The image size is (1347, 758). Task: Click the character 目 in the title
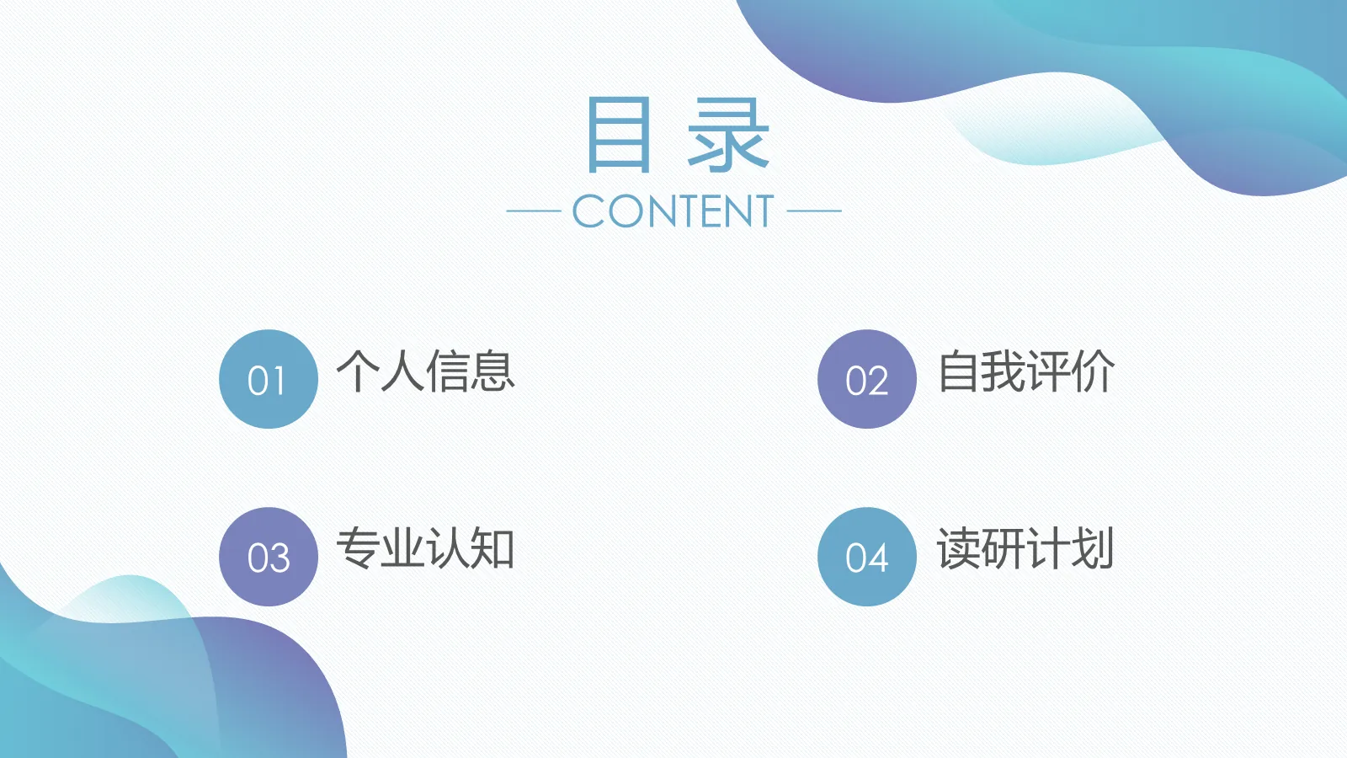pos(619,135)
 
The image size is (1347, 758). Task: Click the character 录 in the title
pos(728,135)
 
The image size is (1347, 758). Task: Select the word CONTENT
pos(673,211)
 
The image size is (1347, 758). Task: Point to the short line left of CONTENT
pos(534,211)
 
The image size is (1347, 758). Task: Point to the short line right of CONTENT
pos(814,211)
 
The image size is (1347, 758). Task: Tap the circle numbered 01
pos(269,379)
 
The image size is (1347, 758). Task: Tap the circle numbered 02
pos(866,379)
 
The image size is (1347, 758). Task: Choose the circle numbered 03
pos(269,557)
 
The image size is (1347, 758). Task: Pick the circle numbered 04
pos(866,557)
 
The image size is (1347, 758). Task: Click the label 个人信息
pos(425,371)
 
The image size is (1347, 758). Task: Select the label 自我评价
pos(1026,371)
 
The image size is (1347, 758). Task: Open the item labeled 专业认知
pos(425,549)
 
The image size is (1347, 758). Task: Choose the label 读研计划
pos(1026,549)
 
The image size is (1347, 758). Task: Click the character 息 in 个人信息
pos(492,371)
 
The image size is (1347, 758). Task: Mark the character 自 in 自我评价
pos(959,371)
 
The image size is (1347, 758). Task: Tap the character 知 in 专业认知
pos(492,549)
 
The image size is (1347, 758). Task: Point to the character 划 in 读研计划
pos(1093,549)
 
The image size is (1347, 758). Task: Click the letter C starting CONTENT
pos(590,211)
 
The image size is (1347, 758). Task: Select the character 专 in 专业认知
pos(359,549)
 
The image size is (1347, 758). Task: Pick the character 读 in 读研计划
pos(959,549)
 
